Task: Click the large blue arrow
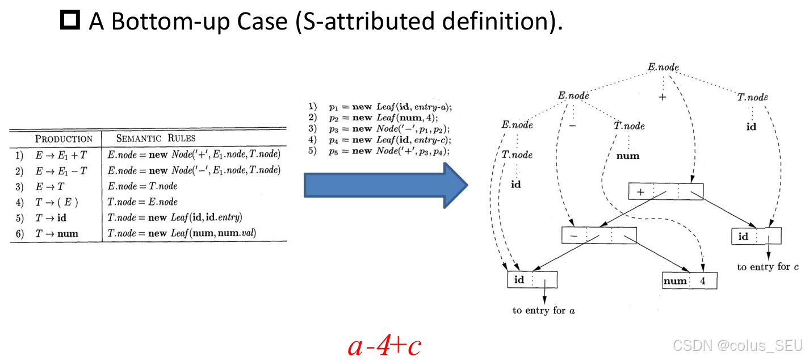385,185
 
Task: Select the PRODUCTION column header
64,139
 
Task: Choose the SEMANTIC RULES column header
156,138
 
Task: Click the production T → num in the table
57,233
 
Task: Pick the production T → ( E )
56,202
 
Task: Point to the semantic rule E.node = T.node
142,186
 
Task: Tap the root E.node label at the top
663,67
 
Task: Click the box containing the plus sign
666,191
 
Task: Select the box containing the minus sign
599,235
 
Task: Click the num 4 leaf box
689,281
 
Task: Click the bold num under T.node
628,156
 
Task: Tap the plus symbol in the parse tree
662,97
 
